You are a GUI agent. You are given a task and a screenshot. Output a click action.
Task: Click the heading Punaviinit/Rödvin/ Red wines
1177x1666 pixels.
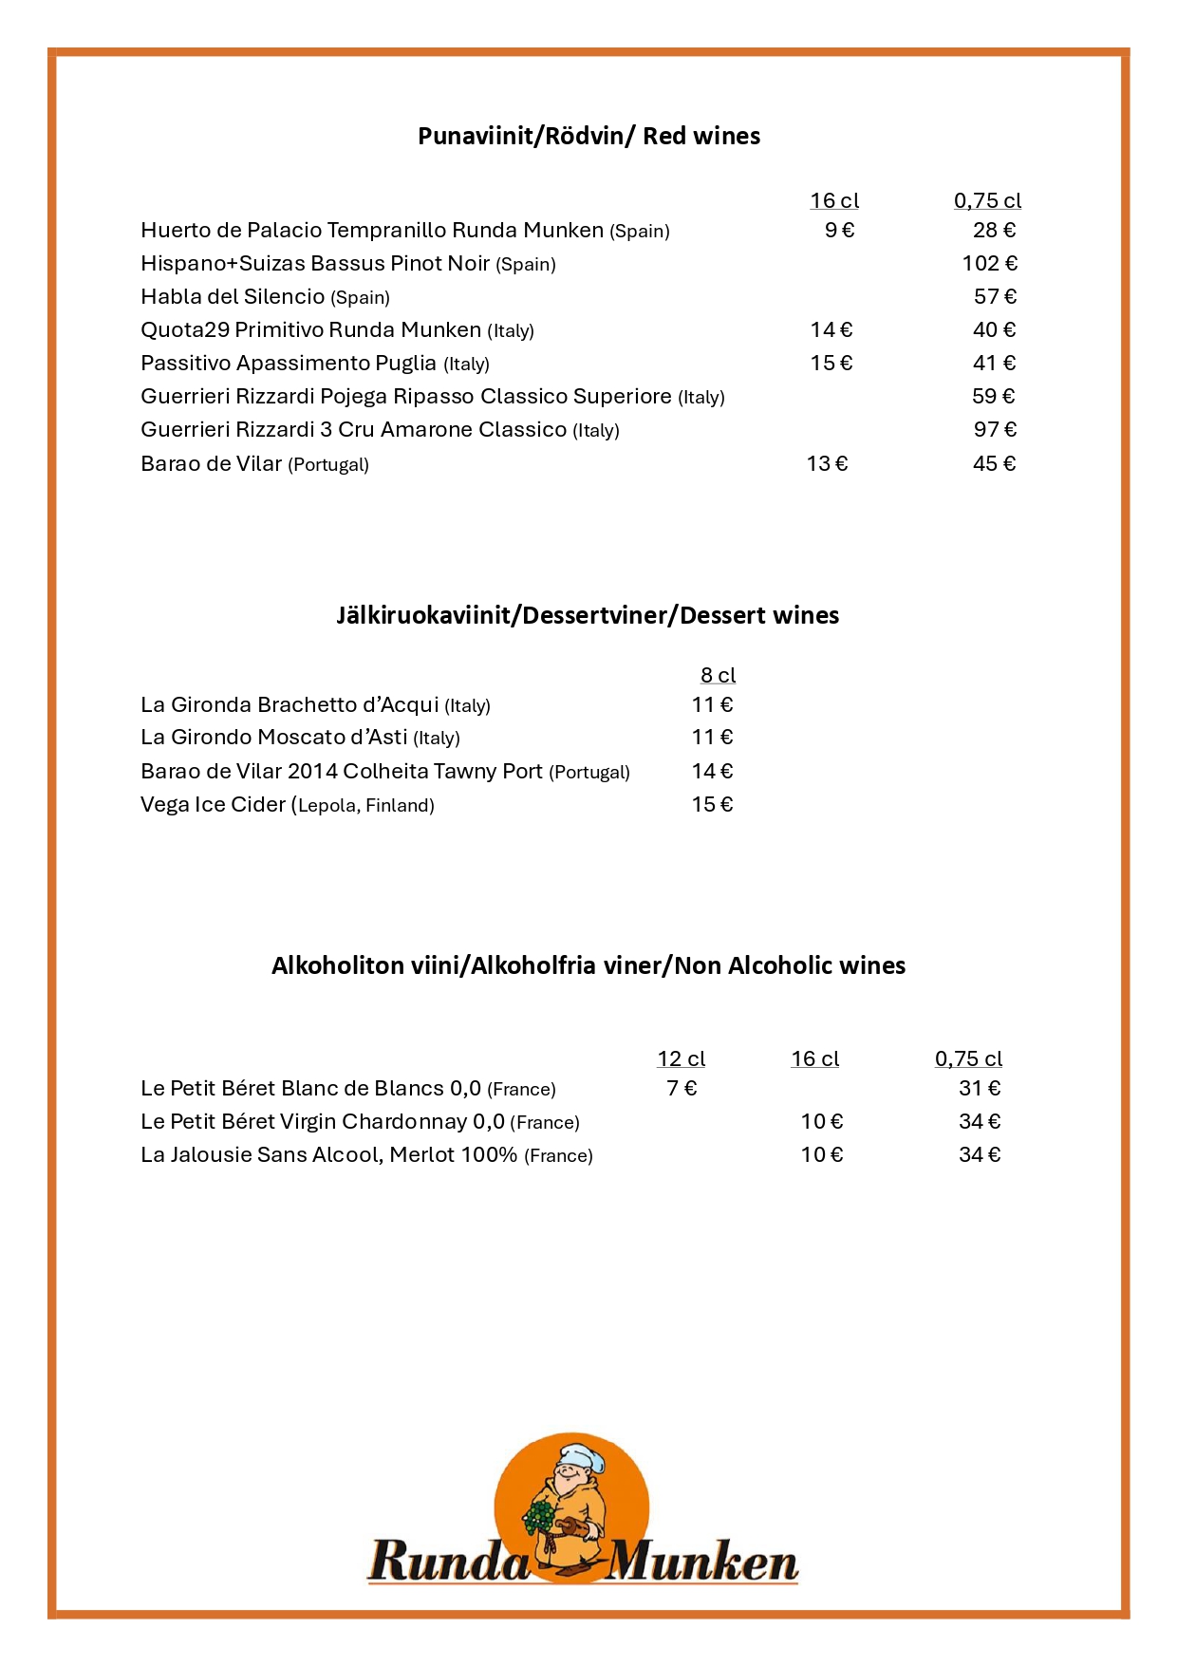pos(588,136)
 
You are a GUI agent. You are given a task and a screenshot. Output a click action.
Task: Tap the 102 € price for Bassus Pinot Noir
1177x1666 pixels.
pos(989,264)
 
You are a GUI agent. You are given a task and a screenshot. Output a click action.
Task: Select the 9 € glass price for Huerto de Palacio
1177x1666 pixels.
pos(839,231)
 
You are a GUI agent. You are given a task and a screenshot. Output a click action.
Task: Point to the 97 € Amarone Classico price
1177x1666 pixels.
pos(995,430)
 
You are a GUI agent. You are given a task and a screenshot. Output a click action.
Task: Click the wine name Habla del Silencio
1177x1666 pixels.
pos(233,297)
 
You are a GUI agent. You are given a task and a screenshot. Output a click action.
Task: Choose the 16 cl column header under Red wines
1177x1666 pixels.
pos(834,201)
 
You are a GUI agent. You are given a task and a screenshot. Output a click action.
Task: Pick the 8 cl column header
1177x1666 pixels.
pos(718,675)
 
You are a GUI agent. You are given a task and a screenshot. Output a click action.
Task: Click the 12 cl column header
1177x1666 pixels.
pos(681,1058)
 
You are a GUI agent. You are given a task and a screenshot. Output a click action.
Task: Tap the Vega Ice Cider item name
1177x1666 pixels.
pos(213,805)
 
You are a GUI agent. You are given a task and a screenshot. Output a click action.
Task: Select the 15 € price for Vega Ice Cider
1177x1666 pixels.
pos(712,805)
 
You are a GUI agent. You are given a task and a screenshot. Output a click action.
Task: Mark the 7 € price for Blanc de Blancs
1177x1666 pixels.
pos(682,1089)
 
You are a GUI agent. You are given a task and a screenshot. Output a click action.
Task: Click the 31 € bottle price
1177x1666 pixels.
pos(980,1089)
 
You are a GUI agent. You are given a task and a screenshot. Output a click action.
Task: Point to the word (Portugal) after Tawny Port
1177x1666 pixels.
pos(589,773)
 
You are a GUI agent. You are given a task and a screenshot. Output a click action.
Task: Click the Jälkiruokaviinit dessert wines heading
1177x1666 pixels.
pos(588,615)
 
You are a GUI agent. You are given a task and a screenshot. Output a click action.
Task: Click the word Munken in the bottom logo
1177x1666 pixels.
pos(702,1563)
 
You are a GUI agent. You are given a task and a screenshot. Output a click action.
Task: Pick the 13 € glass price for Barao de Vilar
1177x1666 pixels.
pos(827,464)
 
